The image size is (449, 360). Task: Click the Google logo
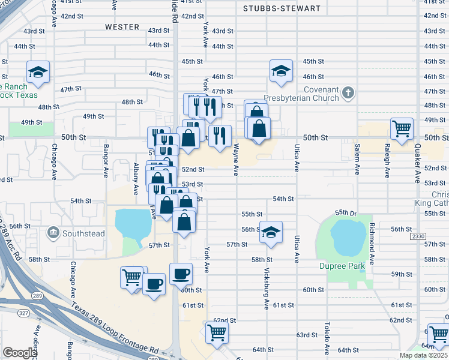[20, 353]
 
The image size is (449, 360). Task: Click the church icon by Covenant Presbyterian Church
[348, 93]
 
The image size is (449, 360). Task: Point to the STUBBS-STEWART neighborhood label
[282, 9]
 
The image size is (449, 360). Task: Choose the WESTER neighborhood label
[122, 27]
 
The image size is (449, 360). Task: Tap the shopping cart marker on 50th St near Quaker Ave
[402, 128]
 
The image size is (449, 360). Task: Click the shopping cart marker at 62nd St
[217, 332]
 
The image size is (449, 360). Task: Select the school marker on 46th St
[281, 70]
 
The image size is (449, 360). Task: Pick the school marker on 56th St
[271, 232]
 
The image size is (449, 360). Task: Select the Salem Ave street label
[357, 159]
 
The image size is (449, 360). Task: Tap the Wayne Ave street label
[236, 159]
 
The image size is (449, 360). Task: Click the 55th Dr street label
[346, 212]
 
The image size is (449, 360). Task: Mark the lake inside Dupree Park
[345, 236]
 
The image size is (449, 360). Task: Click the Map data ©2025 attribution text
[423, 355]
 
